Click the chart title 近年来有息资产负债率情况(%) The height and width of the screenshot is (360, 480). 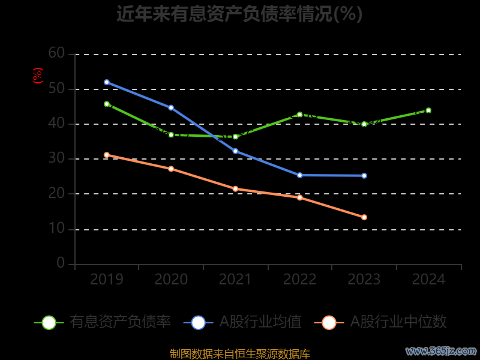(x=239, y=14)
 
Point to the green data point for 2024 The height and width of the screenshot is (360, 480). (x=428, y=110)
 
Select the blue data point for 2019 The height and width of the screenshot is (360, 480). (x=107, y=82)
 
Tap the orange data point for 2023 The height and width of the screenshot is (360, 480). (x=364, y=217)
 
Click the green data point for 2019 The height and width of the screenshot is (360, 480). (x=107, y=104)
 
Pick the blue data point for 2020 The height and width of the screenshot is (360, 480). (x=171, y=108)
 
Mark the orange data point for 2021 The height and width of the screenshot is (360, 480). (x=235, y=189)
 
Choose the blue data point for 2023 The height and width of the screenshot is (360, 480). (x=364, y=176)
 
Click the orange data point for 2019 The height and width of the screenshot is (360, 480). (x=107, y=155)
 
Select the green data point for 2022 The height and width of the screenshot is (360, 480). (x=299, y=114)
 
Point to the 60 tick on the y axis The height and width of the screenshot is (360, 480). (x=56, y=53)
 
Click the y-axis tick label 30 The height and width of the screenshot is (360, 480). (x=56, y=158)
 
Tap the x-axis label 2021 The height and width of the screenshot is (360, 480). (x=235, y=280)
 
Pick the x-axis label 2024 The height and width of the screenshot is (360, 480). (x=429, y=280)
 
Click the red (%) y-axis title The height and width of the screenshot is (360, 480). (x=38, y=76)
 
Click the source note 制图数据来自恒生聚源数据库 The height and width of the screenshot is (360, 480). (x=239, y=353)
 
